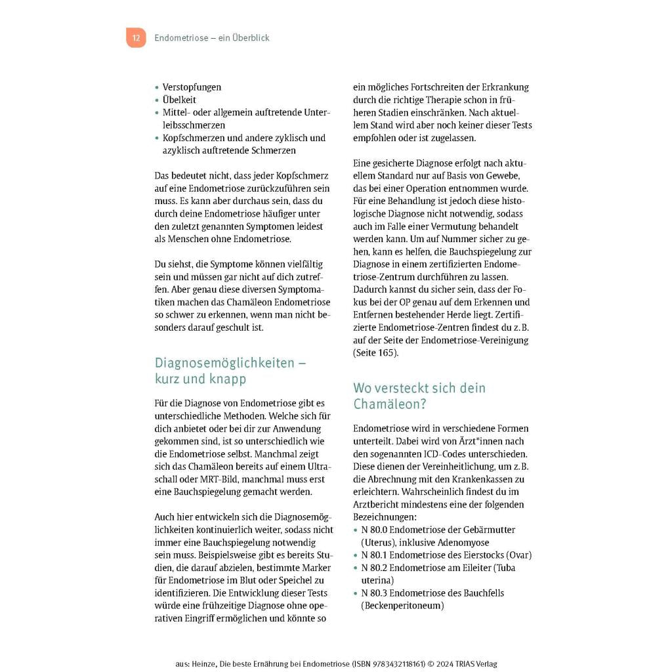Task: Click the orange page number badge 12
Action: point(136,38)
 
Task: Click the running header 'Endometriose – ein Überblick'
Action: point(211,38)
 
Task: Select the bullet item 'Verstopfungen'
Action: point(192,87)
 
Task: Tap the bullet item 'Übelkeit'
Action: point(179,100)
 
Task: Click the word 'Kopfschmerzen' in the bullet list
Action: point(193,138)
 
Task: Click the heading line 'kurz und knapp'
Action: point(200,379)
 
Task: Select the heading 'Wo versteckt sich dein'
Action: point(419,388)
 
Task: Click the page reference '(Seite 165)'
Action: point(375,352)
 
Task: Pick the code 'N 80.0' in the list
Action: point(375,530)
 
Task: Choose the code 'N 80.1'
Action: point(375,555)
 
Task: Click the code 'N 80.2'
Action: point(375,568)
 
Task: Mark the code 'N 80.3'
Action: point(375,593)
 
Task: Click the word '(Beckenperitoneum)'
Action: point(402,606)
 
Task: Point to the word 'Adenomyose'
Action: point(464,543)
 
